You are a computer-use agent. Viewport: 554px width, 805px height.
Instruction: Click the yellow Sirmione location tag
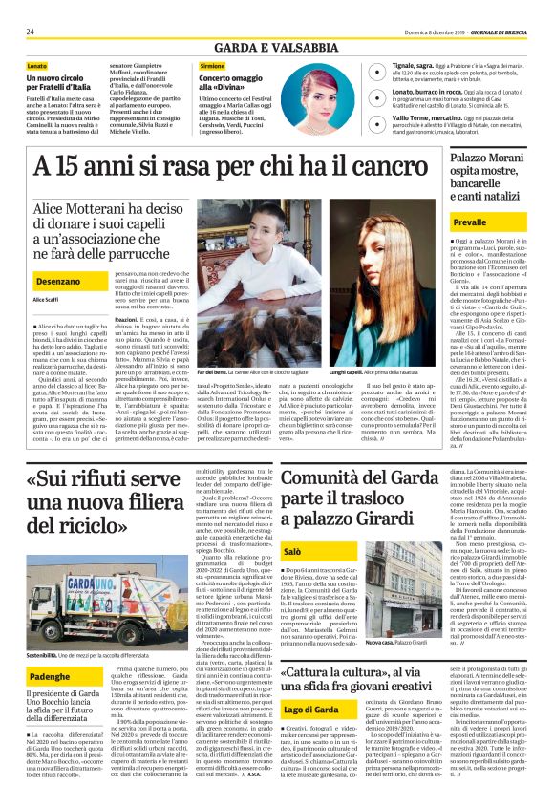(212, 65)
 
